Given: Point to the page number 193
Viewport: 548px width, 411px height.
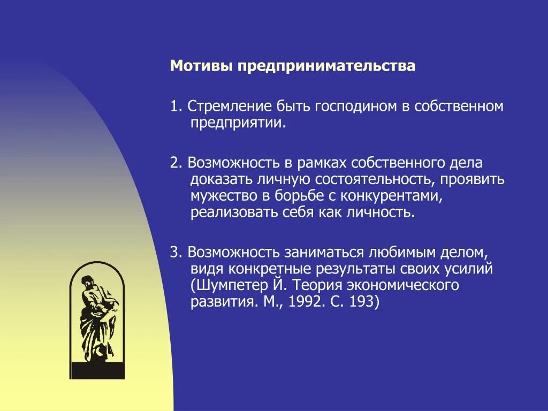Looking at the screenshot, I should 365,302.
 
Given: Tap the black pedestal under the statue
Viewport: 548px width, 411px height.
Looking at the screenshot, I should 96,369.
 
